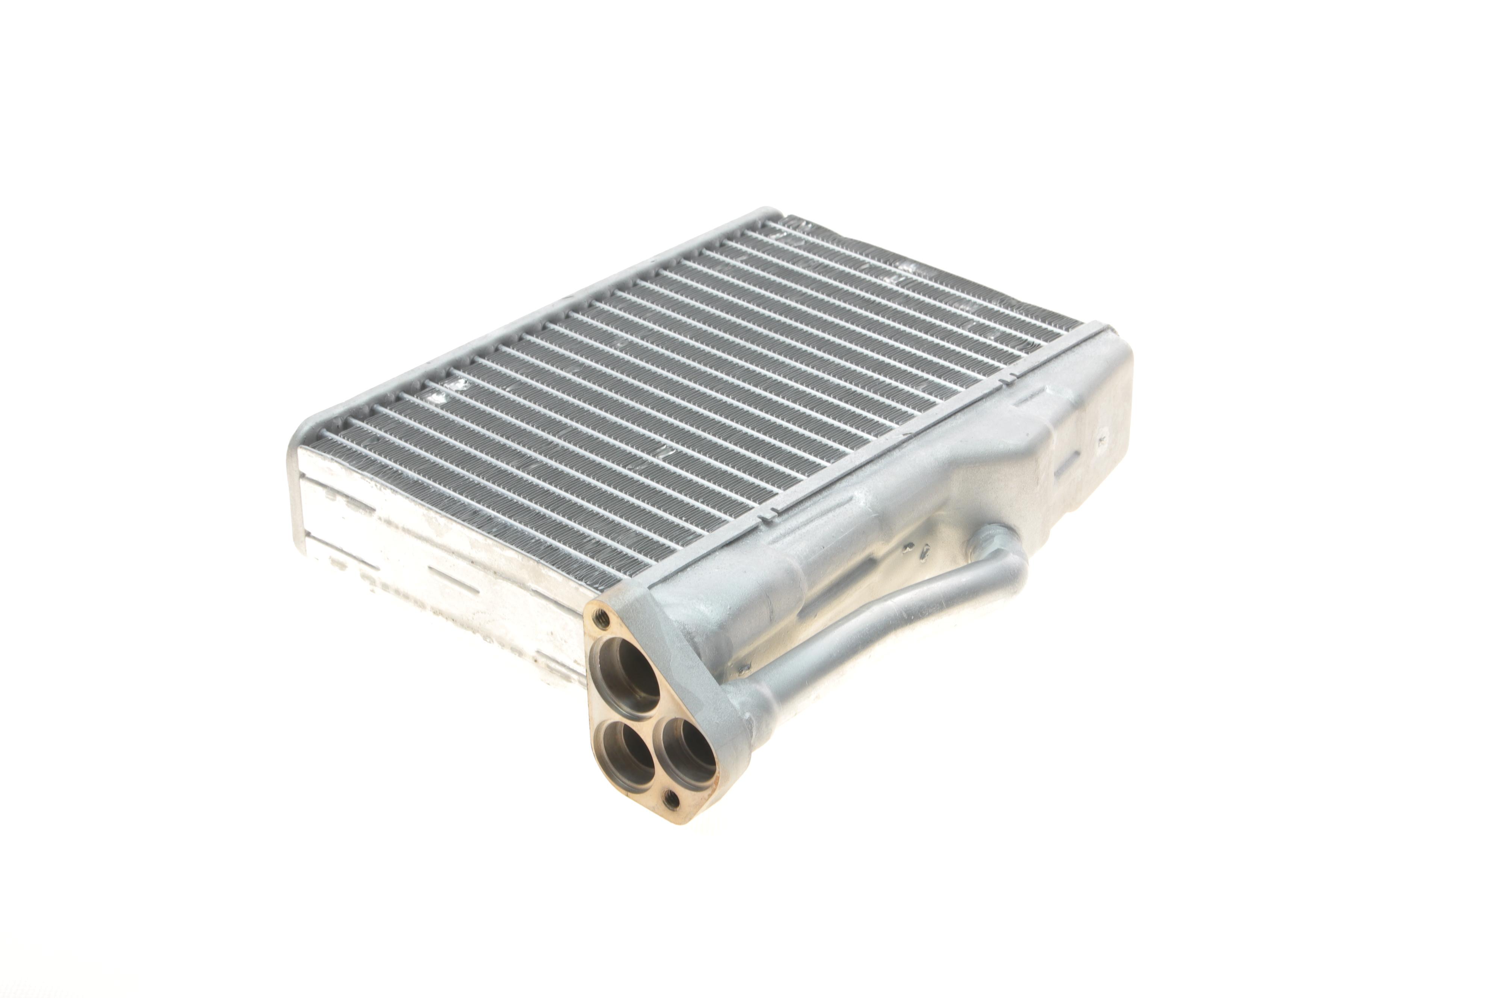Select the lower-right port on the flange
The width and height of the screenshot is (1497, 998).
[685, 758]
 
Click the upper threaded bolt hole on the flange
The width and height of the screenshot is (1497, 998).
[600, 617]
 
